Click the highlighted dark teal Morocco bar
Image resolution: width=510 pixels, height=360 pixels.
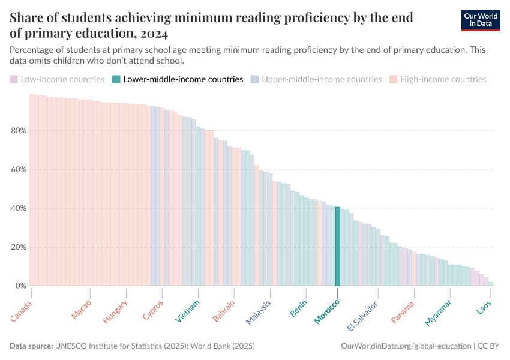337,247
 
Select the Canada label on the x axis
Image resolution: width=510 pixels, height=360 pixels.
22,310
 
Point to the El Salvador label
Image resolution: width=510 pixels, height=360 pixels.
362,316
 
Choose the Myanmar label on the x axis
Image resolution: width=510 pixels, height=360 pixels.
438,313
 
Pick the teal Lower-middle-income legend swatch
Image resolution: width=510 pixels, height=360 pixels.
117,79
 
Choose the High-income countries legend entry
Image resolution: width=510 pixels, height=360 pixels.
437,79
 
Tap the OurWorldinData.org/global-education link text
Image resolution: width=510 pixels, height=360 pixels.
406,346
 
